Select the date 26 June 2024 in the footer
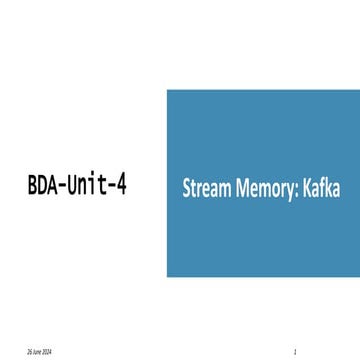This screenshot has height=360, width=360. (x=41, y=353)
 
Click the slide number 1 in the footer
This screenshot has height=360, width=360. (x=297, y=353)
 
